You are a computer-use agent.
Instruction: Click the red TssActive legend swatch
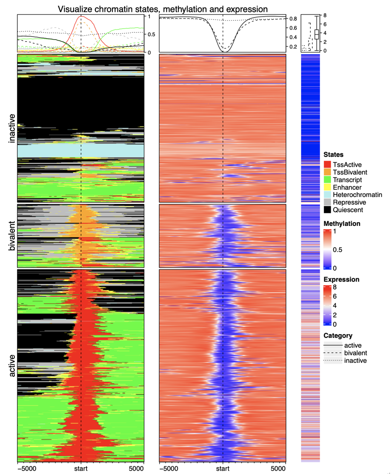point(327,164)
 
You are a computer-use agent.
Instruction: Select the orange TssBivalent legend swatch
point(327,171)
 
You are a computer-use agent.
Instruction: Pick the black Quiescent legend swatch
point(327,210)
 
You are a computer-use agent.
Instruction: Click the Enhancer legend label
point(347,187)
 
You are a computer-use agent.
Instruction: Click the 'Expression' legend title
point(341,279)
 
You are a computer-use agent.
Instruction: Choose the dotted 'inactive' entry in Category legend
point(354,361)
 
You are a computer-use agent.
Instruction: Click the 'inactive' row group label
point(12,129)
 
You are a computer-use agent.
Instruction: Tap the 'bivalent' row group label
point(12,235)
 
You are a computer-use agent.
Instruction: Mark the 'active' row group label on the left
point(12,365)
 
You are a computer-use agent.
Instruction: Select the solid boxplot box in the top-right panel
point(316,35)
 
